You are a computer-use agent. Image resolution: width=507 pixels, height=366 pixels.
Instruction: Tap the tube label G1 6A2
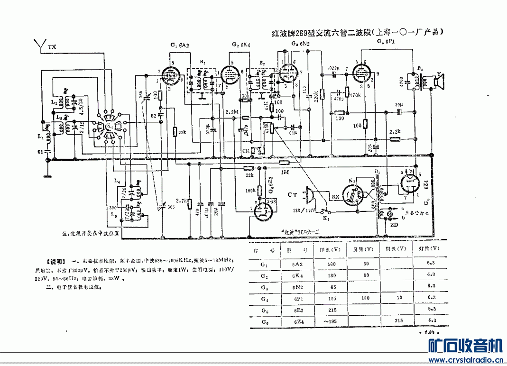(x=180, y=45)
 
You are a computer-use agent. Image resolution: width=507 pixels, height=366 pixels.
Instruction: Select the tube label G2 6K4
(x=241, y=45)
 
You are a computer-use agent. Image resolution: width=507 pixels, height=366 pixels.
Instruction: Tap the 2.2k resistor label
(x=395, y=131)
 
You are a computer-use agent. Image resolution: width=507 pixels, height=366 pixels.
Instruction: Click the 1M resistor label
(x=284, y=173)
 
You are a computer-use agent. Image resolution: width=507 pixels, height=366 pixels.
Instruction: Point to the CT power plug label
(x=293, y=194)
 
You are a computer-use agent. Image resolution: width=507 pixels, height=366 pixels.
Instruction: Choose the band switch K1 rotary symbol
(x=109, y=125)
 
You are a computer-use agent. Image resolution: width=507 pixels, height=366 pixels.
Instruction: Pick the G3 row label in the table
(x=264, y=286)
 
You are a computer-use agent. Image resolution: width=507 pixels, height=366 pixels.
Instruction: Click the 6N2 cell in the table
(x=298, y=286)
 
